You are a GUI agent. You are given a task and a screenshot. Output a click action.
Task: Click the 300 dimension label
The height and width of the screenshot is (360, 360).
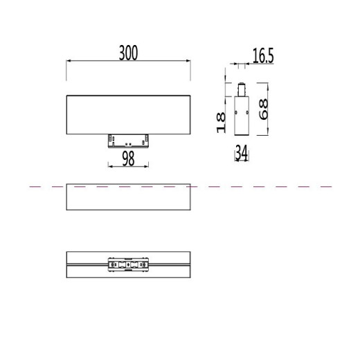click(x=128, y=53)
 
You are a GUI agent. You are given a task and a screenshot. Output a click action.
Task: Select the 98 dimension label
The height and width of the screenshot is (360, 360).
click(x=128, y=159)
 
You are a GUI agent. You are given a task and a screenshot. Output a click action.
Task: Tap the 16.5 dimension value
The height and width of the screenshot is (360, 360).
click(x=263, y=56)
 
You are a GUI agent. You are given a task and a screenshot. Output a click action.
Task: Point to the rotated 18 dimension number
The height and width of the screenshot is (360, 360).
click(x=221, y=123)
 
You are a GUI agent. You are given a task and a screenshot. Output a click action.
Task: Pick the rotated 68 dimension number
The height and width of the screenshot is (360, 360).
click(x=263, y=109)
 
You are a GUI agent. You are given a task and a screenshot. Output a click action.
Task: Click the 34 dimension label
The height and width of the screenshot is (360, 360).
click(x=242, y=152)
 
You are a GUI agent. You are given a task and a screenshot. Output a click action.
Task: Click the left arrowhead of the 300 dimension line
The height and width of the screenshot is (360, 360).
click(x=69, y=61)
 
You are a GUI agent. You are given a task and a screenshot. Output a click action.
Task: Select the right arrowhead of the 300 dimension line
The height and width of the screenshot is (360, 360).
click(x=188, y=61)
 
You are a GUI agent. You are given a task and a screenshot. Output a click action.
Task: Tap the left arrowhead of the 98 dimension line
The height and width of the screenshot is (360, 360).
click(x=111, y=166)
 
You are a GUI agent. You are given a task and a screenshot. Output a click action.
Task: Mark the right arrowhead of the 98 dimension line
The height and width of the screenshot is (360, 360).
click(x=146, y=166)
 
